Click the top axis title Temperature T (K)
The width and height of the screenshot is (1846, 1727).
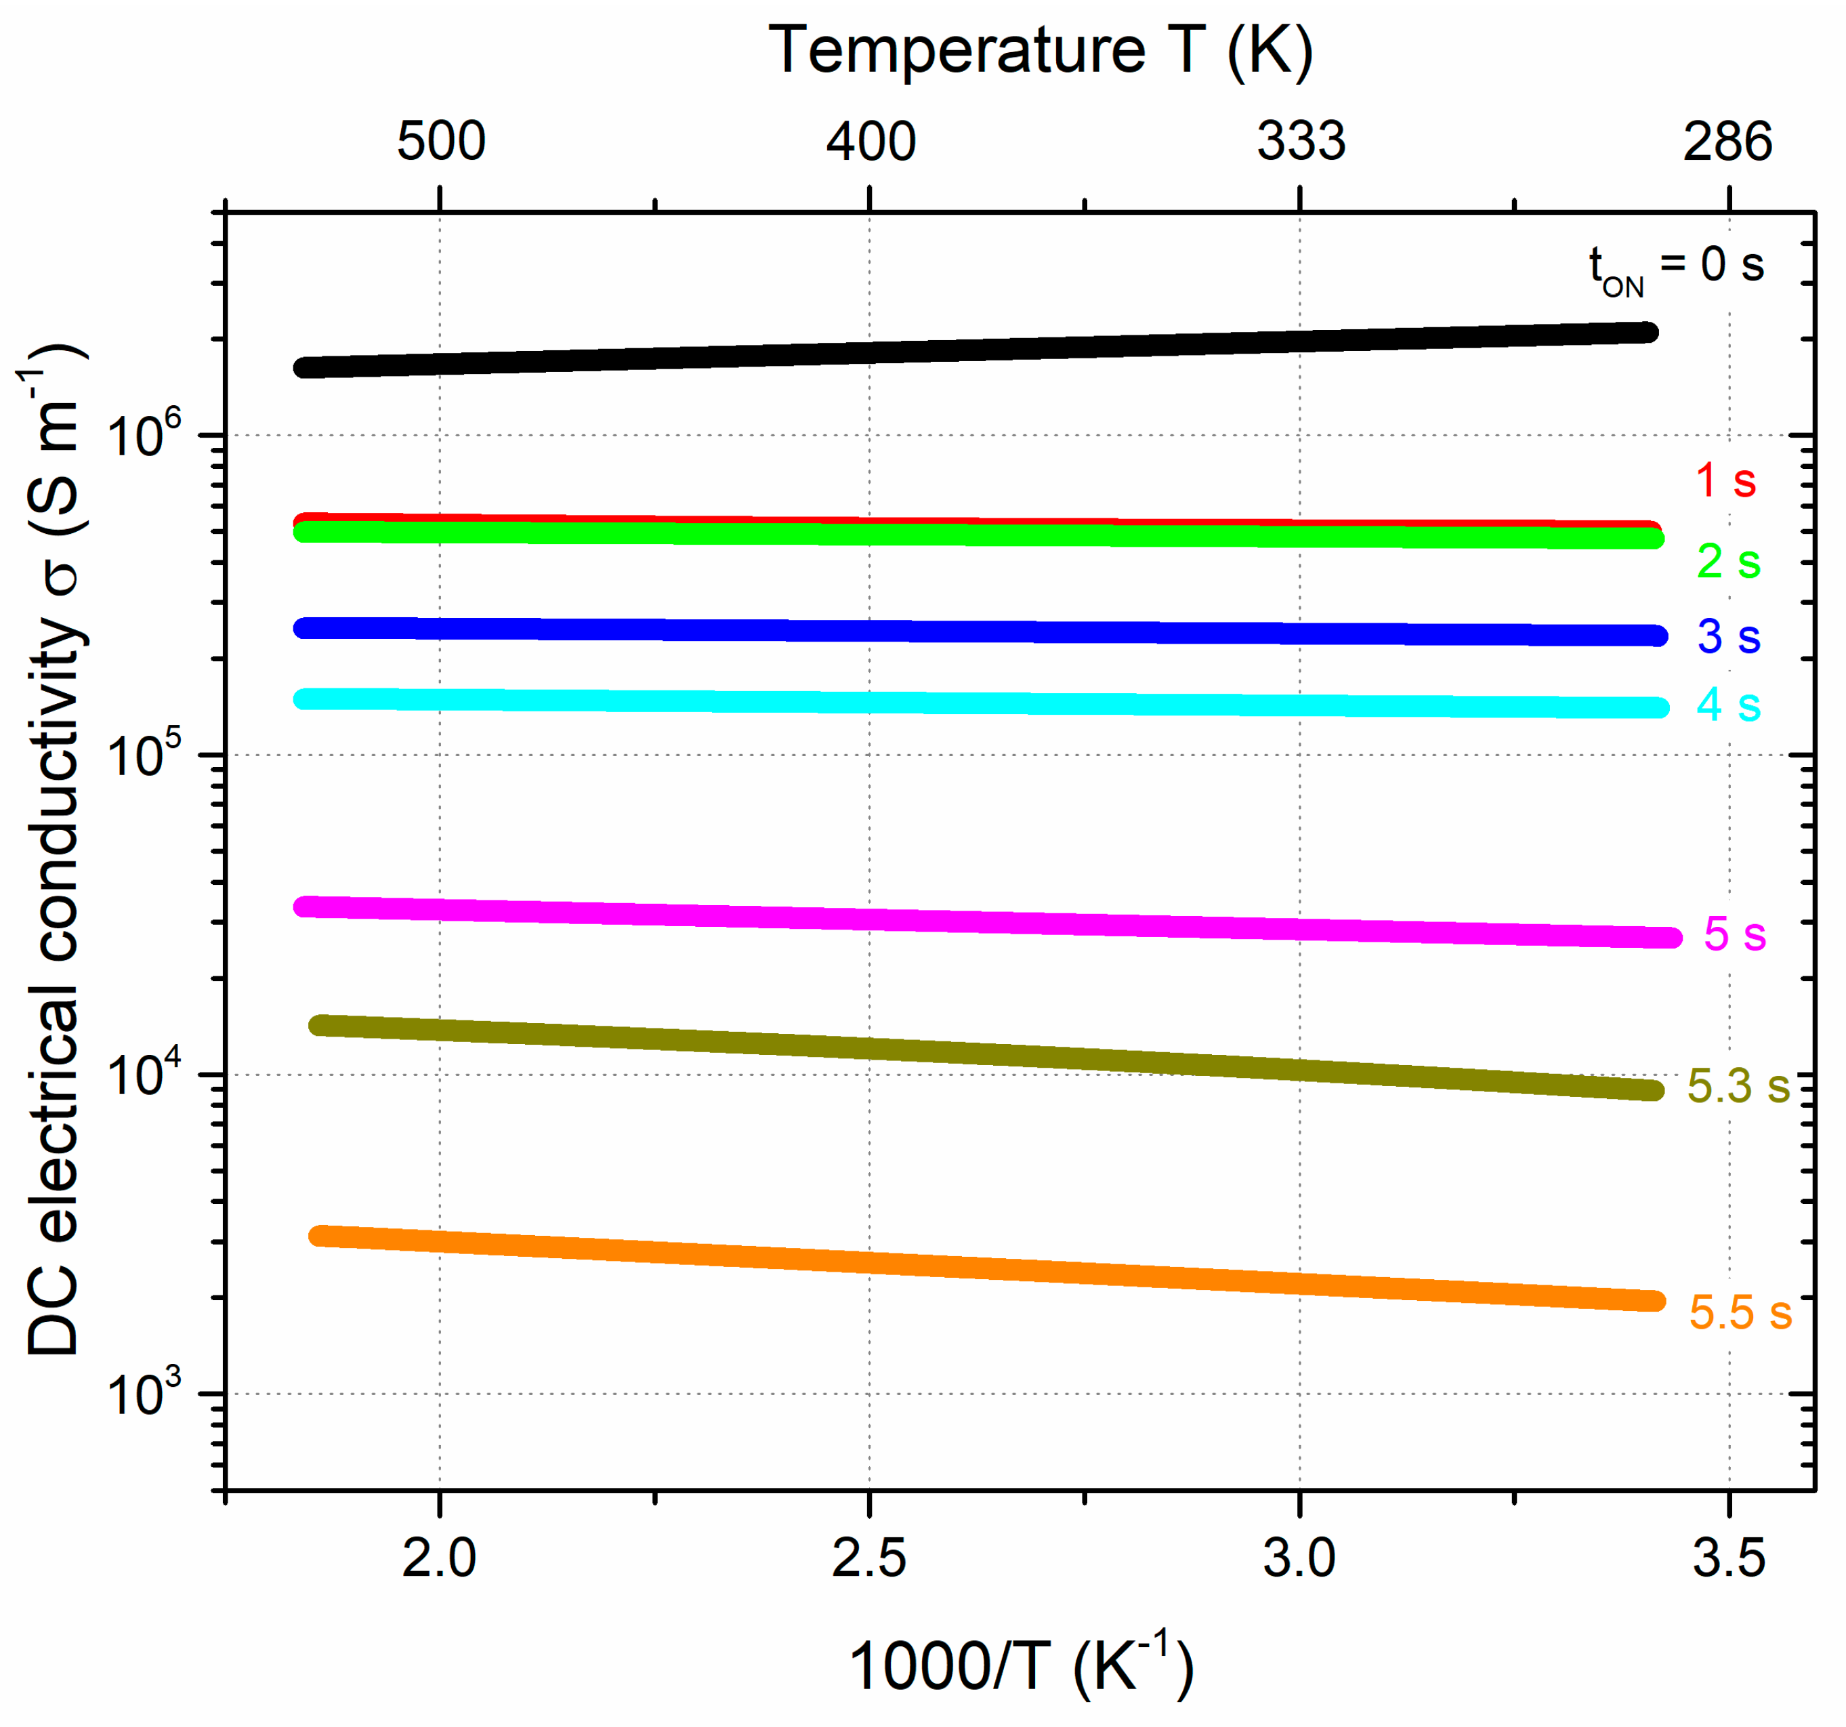pyautogui.click(x=1040, y=50)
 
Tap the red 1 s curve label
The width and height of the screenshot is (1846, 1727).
pyautogui.click(x=1725, y=480)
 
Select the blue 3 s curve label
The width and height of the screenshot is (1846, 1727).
pyautogui.click(x=1728, y=636)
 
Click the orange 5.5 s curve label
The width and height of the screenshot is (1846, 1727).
pyautogui.click(x=1739, y=1312)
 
